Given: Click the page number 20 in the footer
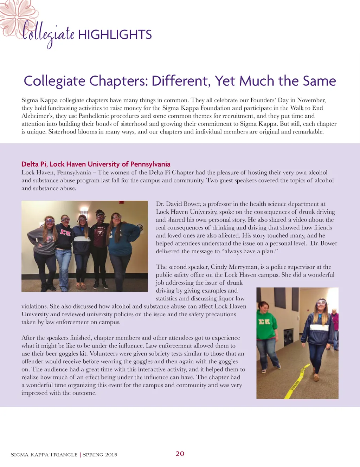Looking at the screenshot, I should (180, 454).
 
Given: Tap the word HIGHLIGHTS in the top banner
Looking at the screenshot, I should (115, 35).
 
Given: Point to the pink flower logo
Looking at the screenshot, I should (14, 16).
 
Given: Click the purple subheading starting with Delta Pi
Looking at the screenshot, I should (96, 164).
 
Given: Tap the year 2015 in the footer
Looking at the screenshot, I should (111, 455).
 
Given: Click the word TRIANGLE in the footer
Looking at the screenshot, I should (64, 455).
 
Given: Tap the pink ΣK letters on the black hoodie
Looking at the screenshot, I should (65, 232).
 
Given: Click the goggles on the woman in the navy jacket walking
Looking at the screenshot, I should (321, 303).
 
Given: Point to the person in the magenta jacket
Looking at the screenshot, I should (335, 322).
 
